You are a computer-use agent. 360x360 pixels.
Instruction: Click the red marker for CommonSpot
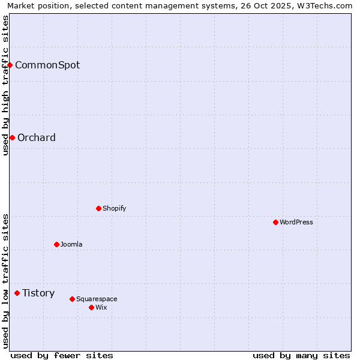[10, 65]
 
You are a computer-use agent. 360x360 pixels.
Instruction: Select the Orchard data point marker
[12, 137]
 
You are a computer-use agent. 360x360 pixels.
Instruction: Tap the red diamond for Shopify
[98, 208]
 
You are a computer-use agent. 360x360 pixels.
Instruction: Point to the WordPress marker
[275, 222]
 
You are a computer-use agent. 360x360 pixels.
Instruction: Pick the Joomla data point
[56, 244]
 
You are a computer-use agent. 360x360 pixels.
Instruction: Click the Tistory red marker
[17, 293]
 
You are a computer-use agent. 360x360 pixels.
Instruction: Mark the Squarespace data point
[72, 299]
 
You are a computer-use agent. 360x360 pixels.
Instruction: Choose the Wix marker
[91, 307]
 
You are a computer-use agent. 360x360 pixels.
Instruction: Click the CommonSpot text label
[47, 65]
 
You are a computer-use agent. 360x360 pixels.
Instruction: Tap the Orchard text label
[37, 137]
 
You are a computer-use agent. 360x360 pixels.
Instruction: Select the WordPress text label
[296, 222]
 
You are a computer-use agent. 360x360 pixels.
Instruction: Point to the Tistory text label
[38, 293]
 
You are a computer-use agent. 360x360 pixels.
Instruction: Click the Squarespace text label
[97, 299]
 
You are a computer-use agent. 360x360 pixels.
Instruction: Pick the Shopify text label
[114, 208]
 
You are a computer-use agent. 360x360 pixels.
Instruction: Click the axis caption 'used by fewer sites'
[62, 355]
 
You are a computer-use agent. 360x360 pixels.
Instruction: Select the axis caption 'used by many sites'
[301, 355]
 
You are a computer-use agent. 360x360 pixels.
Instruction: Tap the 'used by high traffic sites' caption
[5, 85]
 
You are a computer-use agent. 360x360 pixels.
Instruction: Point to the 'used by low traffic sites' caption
[5, 281]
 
